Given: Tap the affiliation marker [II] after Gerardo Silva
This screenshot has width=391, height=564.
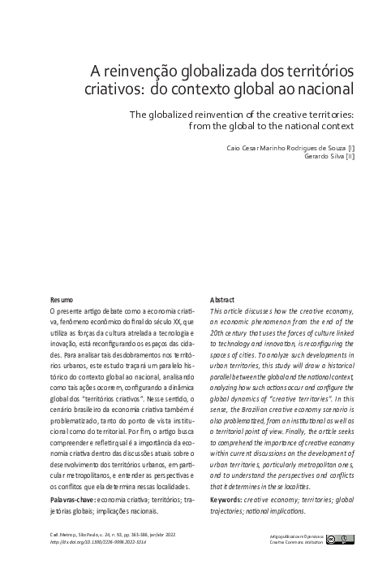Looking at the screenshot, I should click(350, 156).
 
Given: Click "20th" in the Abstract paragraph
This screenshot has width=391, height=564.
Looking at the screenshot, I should click(218, 333).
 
